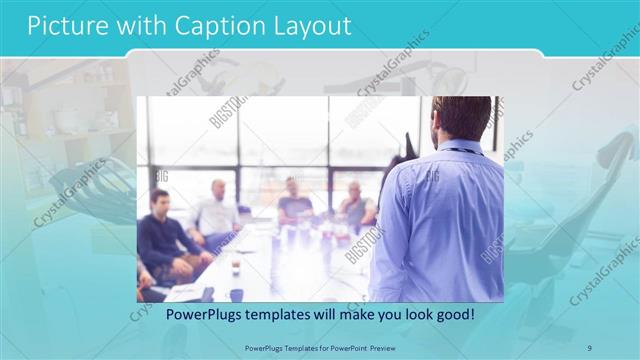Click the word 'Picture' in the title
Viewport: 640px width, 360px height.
63,26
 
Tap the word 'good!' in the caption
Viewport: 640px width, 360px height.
451,314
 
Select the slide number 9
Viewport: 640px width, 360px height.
590,347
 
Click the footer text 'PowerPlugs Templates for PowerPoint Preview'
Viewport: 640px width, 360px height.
320,347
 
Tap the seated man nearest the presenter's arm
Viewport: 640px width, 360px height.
355,205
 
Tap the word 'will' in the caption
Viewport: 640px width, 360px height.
327,314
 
